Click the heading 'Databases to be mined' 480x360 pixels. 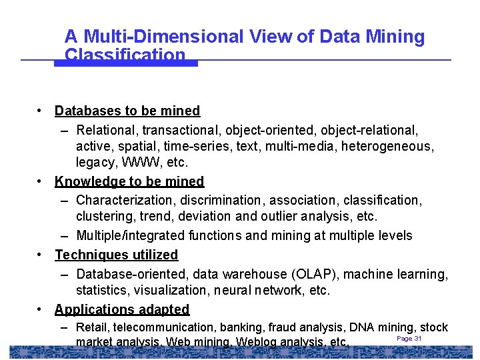(127, 111)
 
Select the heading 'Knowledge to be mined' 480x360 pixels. (129, 181)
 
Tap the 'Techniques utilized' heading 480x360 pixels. (117, 255)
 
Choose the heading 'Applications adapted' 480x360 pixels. (122, 309)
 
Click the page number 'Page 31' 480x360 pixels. (409, 339)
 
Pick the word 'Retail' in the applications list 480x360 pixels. (93, 327)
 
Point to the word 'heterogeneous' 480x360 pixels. (391, 145)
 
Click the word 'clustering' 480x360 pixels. (103, 217)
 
